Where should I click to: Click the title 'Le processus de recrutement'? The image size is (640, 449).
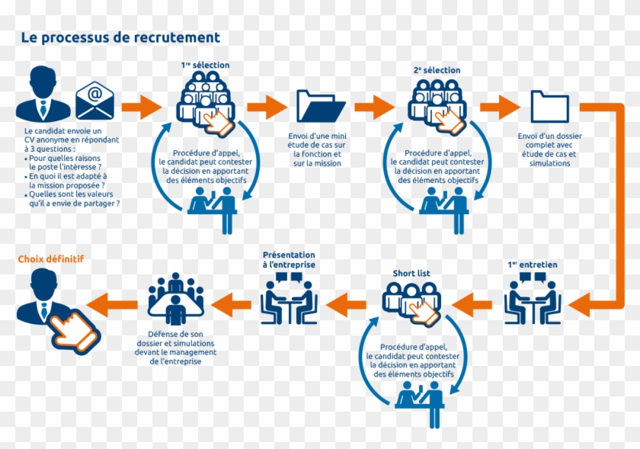tap(120, 37)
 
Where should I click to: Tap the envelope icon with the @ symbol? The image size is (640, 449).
tap(94, 101)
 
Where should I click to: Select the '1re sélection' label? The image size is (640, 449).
tap(205, 66)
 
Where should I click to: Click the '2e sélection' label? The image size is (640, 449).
tap(437, 70)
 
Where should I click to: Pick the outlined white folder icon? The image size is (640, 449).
tap(549, 106)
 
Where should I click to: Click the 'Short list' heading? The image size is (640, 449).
tap(411, 273)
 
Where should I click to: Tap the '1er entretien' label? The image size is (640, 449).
tap(532, 265)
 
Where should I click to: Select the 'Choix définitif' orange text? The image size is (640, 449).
tap(51, 259)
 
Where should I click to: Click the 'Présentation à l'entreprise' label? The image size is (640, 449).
tap(289, 259)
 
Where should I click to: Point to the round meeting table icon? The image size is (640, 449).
tap(176, 300)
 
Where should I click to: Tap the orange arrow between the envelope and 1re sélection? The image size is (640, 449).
tap(142, 105)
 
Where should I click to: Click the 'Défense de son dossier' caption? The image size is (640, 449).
tap(177, 343)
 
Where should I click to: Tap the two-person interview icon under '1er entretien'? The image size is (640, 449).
tap(533, 300)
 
